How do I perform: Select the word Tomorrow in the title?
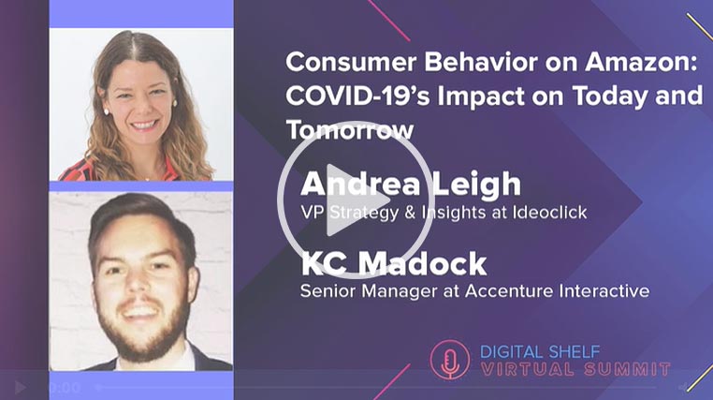click(x=350, y=129)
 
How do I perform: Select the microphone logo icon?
click(x=449, y=360)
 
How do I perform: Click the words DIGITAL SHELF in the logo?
click(x=540, y=352)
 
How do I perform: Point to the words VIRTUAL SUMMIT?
click(x=575, y=369)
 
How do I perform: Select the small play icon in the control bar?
click(x=20, y=388)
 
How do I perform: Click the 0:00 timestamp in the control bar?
click(x=65, y=388)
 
